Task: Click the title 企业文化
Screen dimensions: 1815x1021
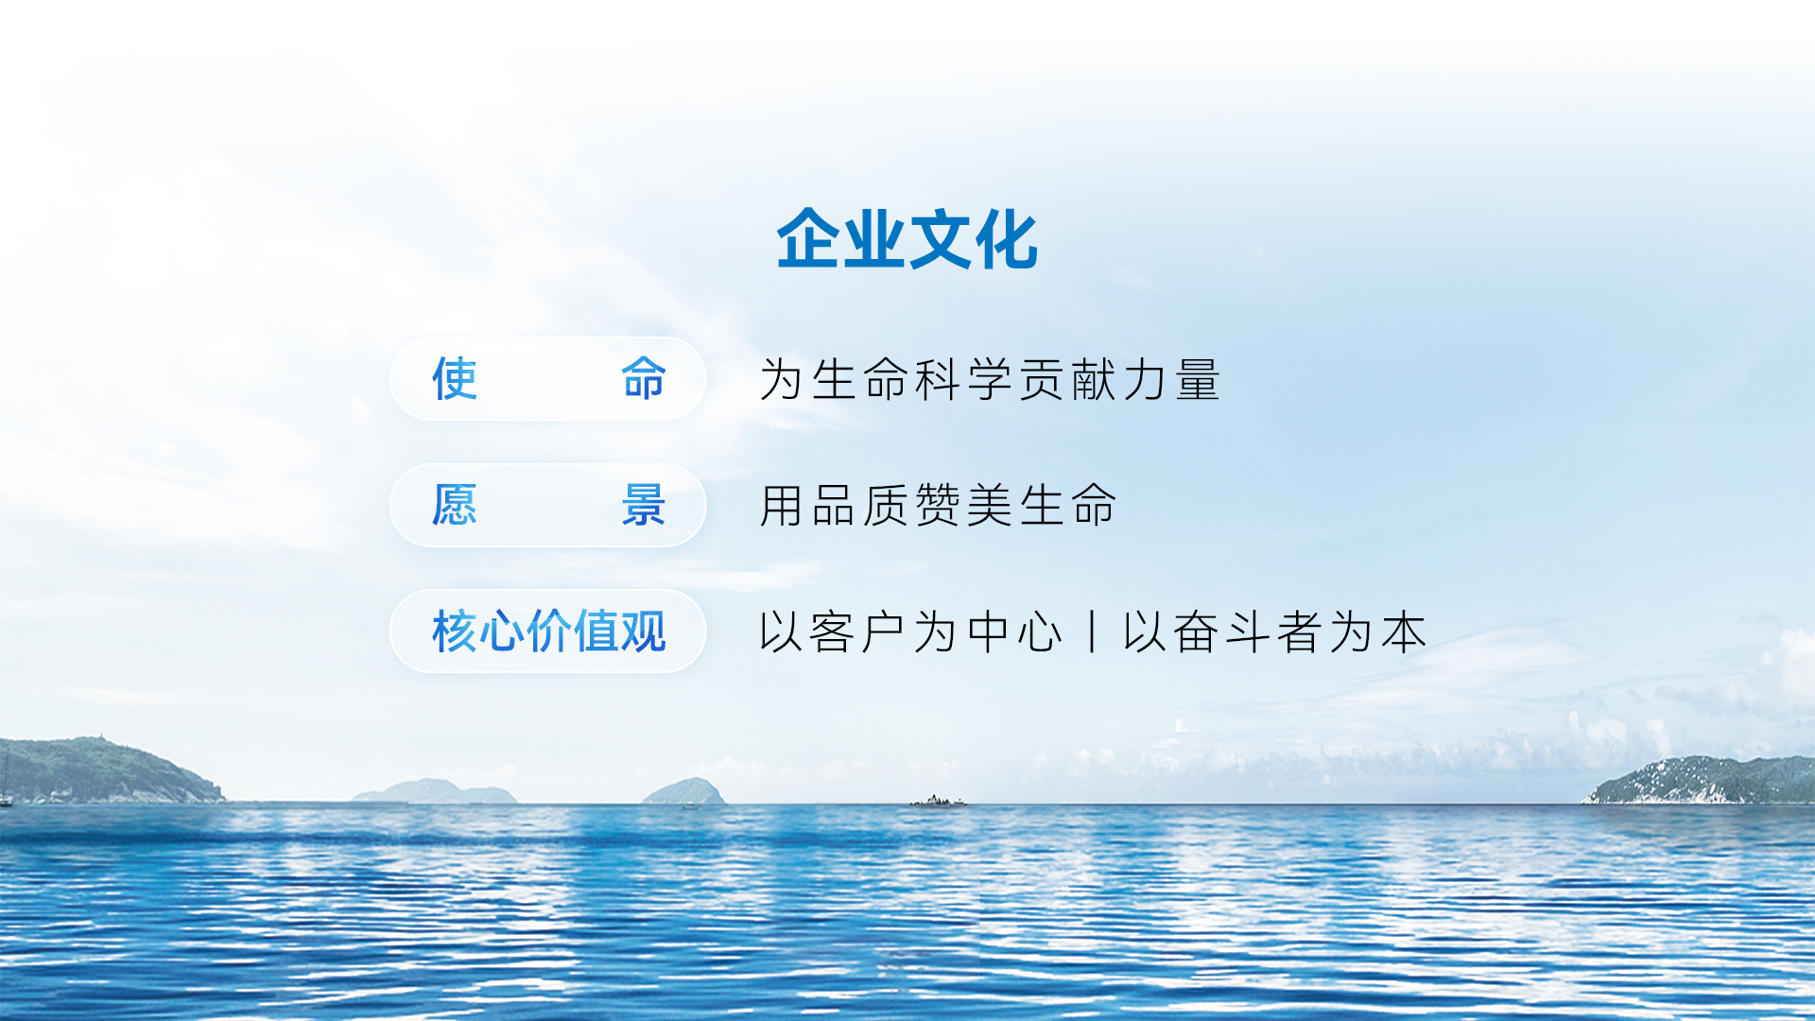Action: tap(907, 239)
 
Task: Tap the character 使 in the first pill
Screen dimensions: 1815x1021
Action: tap(455, 379)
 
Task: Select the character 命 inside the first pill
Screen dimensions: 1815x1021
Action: tap(644, 379)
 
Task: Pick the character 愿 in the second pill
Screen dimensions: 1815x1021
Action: tap(455, 505)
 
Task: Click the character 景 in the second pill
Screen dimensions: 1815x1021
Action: tap(644, 505)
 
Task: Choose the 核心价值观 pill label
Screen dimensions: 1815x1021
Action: tap(549, 632)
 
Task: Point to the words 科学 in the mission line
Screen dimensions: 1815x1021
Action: tap(963, 379)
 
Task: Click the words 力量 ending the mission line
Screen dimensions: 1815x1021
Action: tap(1172, 379)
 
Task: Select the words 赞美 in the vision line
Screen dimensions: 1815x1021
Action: tap(963, 505)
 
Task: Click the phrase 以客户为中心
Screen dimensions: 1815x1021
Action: tap(911, 632)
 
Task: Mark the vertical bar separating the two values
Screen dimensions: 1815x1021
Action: tap(1093, 632)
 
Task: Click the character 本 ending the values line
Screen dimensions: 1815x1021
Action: tap(1404, 632)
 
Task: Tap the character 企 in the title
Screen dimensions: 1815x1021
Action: tap(808, 239)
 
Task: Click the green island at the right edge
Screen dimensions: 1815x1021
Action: tap(1702, 781)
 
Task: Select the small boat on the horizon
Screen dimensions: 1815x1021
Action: tap(937, 801)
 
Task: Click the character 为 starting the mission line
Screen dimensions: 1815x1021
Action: tap(782, 379)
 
